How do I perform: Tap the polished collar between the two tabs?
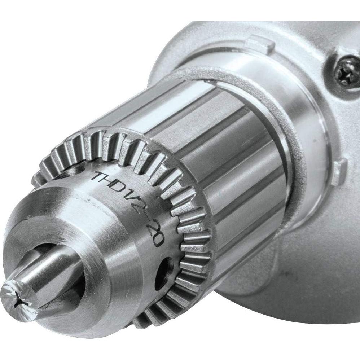[x=307, y=108]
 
